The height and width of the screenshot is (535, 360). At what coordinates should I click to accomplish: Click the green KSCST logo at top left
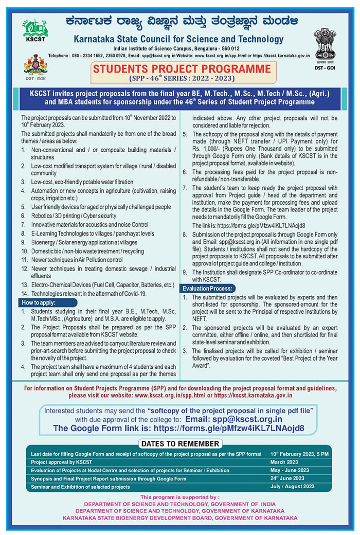click(35, 30)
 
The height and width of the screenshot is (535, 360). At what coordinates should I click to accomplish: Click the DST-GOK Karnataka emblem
click(34, 66)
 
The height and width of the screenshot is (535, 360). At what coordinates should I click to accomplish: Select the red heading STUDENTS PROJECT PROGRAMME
click(181, 68)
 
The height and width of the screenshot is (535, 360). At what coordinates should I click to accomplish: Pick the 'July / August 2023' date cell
click(293, 486)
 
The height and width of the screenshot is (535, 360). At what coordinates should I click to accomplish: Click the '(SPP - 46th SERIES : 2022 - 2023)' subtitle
click(181, 79)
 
